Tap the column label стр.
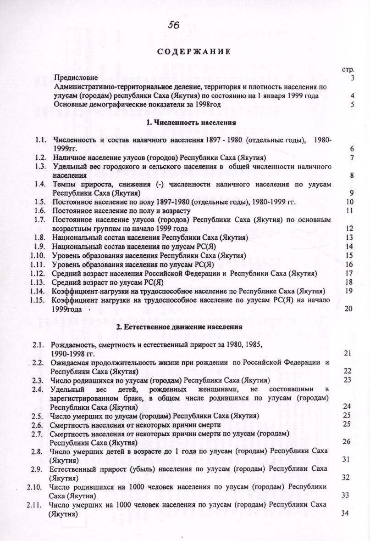click(349, 70)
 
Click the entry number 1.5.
click(39, 202)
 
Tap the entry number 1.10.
click(38, 255)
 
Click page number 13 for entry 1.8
click(349, 237)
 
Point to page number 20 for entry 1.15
click(348, 309)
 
